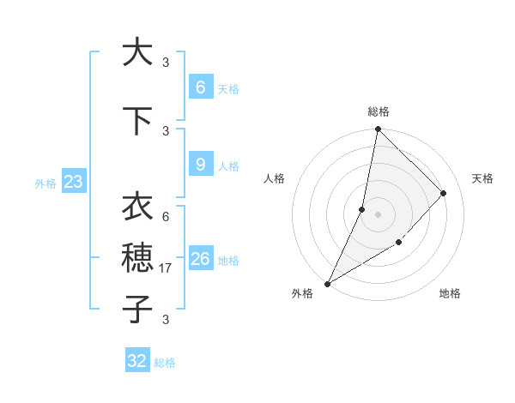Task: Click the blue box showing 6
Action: coord(200,87)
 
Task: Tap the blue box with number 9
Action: coord(200,165)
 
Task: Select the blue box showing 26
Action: coord(200,259)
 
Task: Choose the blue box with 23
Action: coord(73,182)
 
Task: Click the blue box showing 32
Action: coord(137,361)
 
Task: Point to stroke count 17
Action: coord(166,269)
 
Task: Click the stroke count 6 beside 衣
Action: coord(166,217)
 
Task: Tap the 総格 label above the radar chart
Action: coord(379,111)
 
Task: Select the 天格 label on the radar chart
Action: coord(482,178)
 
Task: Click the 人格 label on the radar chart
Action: coord(275,178)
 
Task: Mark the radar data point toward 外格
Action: coord(327,284)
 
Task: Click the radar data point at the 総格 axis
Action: coord(378,129)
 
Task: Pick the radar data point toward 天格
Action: coord(444,193)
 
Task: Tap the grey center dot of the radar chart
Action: coord(378,214)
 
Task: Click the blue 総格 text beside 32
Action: coord(165,363)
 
